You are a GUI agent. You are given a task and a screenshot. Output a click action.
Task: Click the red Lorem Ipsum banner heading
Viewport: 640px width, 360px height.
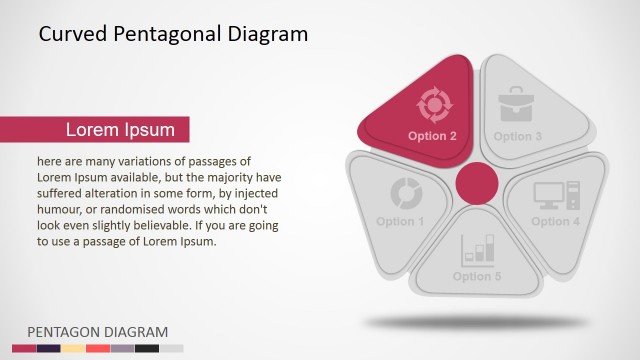tap(120, 130)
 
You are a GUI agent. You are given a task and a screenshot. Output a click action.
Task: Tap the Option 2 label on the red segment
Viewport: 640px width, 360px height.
tap(432, 135)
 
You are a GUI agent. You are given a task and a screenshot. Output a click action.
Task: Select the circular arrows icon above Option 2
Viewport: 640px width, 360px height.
tap(435, 103)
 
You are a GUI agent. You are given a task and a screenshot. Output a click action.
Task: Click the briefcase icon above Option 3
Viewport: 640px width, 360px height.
tap(518, 104)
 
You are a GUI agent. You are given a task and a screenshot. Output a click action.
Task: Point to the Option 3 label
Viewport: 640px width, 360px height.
tap(518, 136)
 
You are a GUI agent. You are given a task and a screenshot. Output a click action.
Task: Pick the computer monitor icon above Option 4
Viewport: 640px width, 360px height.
tap(550, 194)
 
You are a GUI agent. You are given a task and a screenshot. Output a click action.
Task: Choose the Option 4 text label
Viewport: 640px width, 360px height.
tap(555, 221)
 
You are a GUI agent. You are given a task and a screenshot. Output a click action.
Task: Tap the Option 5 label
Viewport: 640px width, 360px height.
tap(477, 276)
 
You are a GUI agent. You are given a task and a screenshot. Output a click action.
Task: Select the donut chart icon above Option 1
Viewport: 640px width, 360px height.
tap(405, 192)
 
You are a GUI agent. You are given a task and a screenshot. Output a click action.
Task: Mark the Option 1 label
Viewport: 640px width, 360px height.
tap(400, 221)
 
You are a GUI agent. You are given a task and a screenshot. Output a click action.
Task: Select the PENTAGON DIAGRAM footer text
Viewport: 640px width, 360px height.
tap(97, 332)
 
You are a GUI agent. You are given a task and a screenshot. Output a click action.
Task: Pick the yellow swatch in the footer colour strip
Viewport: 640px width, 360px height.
tap(74, 348)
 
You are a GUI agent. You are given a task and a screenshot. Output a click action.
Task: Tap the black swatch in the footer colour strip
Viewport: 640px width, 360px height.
tap(147, 348)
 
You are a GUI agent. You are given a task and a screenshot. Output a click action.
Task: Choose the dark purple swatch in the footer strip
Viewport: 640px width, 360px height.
tap(49, 348)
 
